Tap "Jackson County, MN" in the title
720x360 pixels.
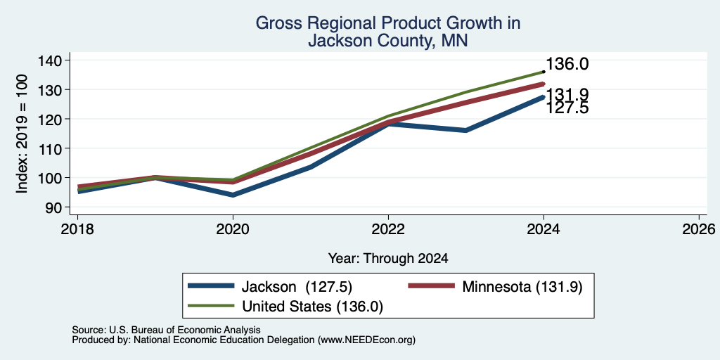coord(387,41)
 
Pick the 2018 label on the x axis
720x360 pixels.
coord(77,229)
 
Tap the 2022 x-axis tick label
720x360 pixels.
coord(388,229)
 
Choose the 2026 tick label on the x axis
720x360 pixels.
coord(699,229)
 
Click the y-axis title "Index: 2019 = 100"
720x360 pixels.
coord(22,134)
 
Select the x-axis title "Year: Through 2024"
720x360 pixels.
coord(388,259)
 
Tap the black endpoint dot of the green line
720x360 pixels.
coord(544,72)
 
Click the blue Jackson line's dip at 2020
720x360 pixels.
coord(233,195)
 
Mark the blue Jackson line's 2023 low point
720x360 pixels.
coord(465,130)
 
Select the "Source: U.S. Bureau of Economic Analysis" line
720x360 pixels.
coord(166,330)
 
